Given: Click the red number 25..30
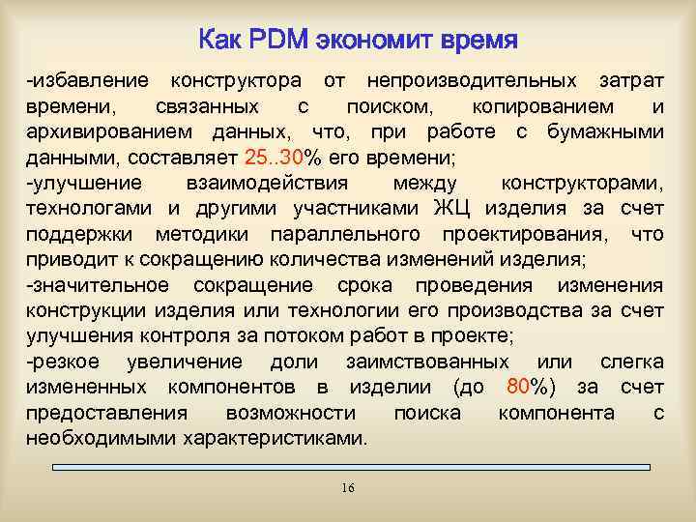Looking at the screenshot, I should coord(275,158).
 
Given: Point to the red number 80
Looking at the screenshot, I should coord(517,388).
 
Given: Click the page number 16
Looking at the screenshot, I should coord(348,488).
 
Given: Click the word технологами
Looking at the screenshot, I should coord(80,210).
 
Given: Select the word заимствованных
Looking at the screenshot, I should coord(427,362).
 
